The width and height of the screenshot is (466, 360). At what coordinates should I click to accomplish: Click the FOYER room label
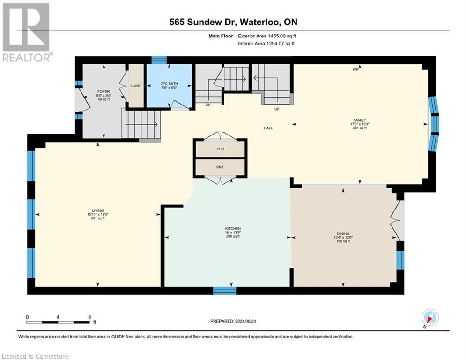104,92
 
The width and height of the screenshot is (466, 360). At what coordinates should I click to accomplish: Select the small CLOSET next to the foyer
136,86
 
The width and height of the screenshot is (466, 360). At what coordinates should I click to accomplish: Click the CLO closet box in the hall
220,149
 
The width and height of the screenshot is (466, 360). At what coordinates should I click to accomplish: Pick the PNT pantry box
220,166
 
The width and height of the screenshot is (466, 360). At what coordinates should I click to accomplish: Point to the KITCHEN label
232,229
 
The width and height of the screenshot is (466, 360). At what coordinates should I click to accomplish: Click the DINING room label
343,233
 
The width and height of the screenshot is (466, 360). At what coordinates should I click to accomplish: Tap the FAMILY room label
359,120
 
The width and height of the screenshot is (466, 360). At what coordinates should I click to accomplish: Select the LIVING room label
98,210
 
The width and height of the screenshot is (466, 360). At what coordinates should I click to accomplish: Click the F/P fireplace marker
355,70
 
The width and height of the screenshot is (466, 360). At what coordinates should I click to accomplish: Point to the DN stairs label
208,105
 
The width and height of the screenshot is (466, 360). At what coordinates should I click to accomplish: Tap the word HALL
268,127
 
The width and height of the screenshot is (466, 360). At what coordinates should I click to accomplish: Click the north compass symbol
429,318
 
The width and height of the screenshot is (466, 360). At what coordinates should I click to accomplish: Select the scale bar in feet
58,322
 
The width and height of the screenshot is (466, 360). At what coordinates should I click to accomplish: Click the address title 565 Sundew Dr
233,22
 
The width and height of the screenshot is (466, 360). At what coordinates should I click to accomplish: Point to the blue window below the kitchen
224,291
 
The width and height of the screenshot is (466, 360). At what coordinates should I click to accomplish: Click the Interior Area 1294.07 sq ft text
266,44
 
